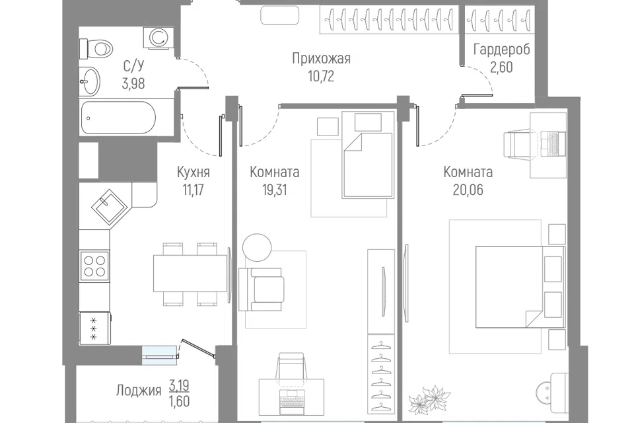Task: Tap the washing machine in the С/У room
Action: click(158, 38)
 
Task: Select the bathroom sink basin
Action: click(90, 81)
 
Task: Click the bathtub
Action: click(118, 118)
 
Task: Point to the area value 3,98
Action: click(133, 83)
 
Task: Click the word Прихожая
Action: click(321, 59)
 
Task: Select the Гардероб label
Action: click(501, 50)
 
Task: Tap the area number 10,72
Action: click(321, 76)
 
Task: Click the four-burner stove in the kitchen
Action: click(94, 266)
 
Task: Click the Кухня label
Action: click(194, 172)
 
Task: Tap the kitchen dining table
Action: click(190, 273)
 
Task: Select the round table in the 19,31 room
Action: click(257, 248)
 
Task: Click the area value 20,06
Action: click(468, 190)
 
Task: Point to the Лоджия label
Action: click(139, 391)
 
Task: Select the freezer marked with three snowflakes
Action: click(94, 328)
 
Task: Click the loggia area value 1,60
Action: click(179, 401)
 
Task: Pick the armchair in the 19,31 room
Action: click(262, 289)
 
